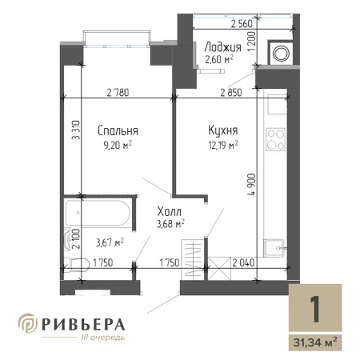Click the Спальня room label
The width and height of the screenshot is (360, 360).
(118, 130)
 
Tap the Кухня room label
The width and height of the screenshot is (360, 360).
(223, 130)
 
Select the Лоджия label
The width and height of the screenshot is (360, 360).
(222, 47)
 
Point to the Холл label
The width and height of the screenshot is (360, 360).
(170, 211)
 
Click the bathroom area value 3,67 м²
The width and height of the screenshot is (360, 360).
(110, 242)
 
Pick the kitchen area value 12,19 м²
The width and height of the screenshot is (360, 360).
(223, 146)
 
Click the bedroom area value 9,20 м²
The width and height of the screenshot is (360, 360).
(118, 146)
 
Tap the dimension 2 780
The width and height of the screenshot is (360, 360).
(118, 93)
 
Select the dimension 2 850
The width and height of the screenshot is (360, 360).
(231, 93)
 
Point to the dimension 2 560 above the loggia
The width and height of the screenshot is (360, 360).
(242, 24)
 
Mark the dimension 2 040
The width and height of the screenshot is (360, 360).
(243, 262)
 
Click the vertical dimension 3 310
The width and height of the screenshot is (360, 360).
(76, 130)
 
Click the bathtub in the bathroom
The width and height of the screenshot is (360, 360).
(98, 213)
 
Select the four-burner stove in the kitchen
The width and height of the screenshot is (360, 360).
(276, 139)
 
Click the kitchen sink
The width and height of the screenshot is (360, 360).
(274, 248)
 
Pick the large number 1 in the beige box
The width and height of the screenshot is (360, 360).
(315, 309)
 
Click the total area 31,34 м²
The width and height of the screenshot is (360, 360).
(315, 342)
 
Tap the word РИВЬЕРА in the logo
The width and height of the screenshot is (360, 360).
(83, 325)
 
